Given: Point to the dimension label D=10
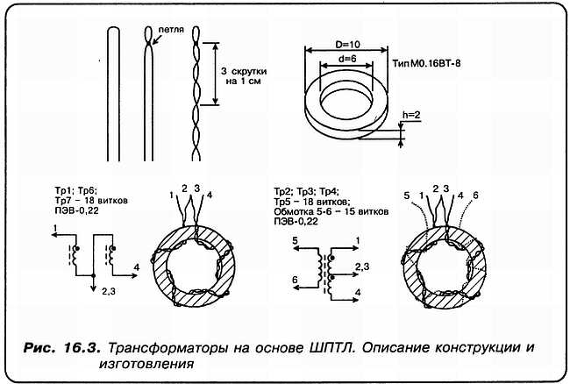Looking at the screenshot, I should [x=349, y=43].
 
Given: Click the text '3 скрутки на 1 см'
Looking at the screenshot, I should [x=241, y=75].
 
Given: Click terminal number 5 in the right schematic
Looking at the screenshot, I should [x=297, y=238].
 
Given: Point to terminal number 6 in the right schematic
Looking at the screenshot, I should [x=296, y=279].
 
